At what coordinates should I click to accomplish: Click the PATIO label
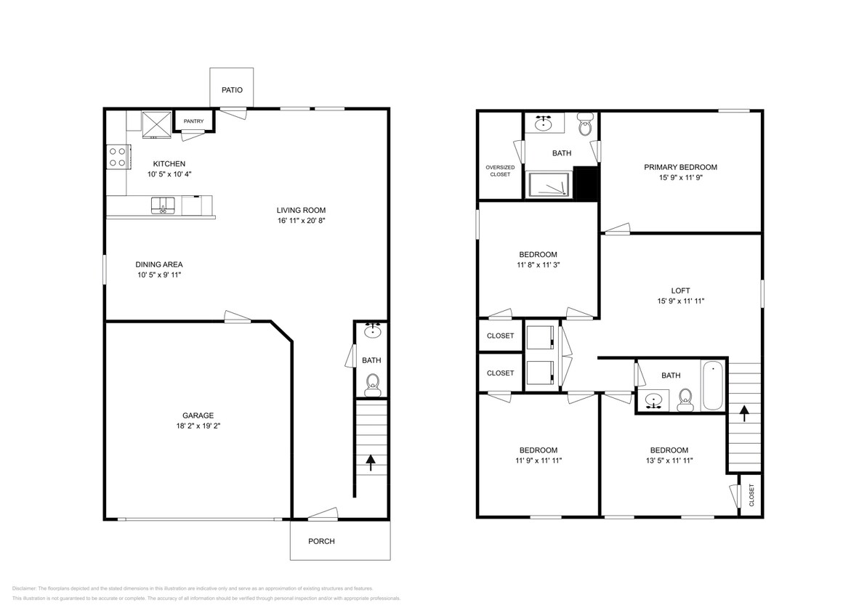232,91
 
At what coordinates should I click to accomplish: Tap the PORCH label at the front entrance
321,541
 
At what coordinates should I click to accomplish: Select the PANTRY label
193,121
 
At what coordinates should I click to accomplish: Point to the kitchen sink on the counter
163,205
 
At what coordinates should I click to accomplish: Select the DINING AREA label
158,264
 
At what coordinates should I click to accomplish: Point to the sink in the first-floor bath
373,331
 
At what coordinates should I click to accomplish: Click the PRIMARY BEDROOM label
680,167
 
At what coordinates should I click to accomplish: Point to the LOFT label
680,290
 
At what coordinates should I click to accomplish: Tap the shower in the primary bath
549,185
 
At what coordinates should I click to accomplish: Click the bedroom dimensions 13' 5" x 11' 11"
669,460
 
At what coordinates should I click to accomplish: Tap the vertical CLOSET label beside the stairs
751,495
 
